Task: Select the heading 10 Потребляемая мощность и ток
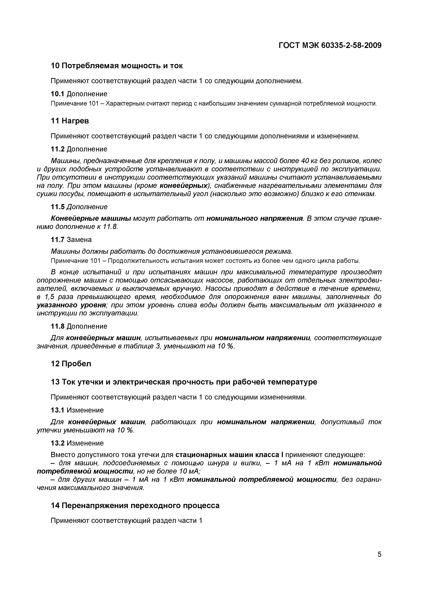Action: pyautogui.click(x=117, y=66)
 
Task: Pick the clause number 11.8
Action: pyautogui.click(x=58, y=326)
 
